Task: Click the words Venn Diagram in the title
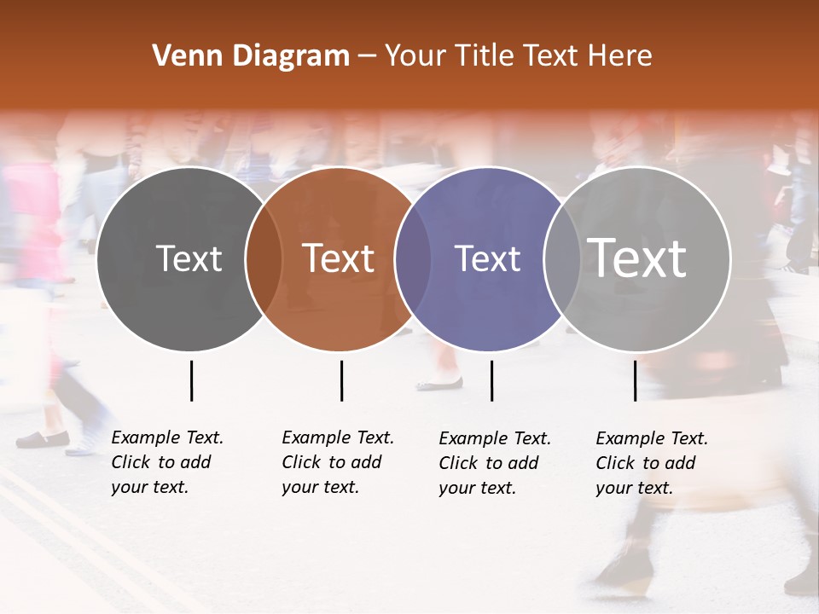pos(251,56)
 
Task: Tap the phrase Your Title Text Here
pos(518,56)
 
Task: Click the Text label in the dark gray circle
pos(189,258)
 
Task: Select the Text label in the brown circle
pos(339,258)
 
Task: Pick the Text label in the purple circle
pos(487,258)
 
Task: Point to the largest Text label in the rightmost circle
pos(637,258)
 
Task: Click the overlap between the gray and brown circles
pos(264,259)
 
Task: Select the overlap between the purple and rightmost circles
pos(561,259)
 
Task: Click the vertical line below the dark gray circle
pos(191,380)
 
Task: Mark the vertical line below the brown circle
pos(341,380)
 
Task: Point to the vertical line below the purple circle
pos(491,380)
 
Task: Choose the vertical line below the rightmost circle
pos(635,380)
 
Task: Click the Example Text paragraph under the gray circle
pos(167,462)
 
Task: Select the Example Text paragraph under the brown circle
pos(338,462)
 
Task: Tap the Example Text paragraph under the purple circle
pos(495,463)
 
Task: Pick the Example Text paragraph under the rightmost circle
pos(652,463)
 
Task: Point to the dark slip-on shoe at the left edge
pos(43,439)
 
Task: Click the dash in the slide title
pos(367,57)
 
